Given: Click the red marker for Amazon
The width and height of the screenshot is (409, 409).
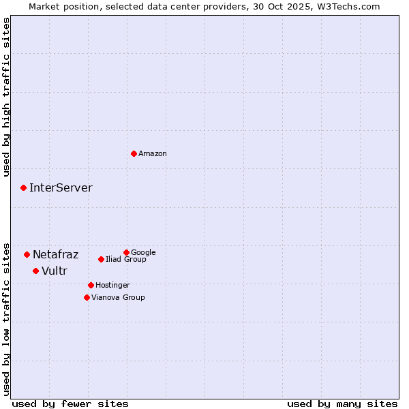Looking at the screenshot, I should pos(134,153).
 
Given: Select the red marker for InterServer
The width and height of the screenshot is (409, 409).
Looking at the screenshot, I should pos(23,187).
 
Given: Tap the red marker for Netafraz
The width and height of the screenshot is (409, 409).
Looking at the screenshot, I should pos(27,254).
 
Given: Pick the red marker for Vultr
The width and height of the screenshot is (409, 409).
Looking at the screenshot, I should pos(35,271).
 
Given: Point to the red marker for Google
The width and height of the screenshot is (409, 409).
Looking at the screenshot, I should pos(126,252).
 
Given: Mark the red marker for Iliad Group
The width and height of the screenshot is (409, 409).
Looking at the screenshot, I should pos(101,259).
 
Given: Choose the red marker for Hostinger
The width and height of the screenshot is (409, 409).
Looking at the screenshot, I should pos(91,285).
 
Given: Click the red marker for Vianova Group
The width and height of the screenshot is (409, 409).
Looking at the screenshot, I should pos(87,297).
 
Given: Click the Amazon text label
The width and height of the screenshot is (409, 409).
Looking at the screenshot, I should pos(153,154).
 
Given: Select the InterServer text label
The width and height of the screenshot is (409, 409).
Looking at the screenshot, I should pos(61,188).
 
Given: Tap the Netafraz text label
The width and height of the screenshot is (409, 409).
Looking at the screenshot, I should pos(55,255).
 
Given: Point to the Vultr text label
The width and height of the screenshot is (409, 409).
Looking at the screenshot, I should pos(55,271).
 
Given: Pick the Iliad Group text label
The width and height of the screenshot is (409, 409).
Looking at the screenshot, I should pos(126,260).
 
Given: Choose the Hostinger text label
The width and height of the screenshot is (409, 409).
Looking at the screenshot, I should pos(112,286).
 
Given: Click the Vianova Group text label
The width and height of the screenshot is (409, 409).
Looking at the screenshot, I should pos(118,298).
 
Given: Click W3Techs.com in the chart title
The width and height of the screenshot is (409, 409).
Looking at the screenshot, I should pos(352,6).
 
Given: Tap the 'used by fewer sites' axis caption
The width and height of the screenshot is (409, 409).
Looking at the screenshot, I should pos(70,404).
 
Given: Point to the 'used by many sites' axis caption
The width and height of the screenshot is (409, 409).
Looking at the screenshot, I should pos(342,404).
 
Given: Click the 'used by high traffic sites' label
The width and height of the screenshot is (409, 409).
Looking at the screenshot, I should pos(6,97).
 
